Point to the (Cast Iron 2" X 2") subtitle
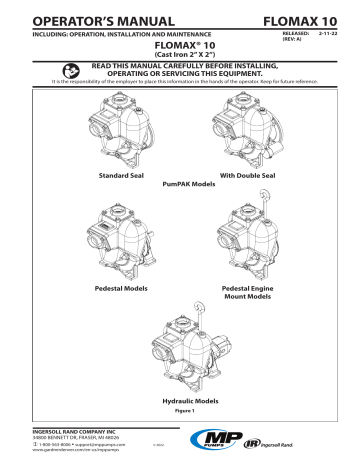[179, 54]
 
